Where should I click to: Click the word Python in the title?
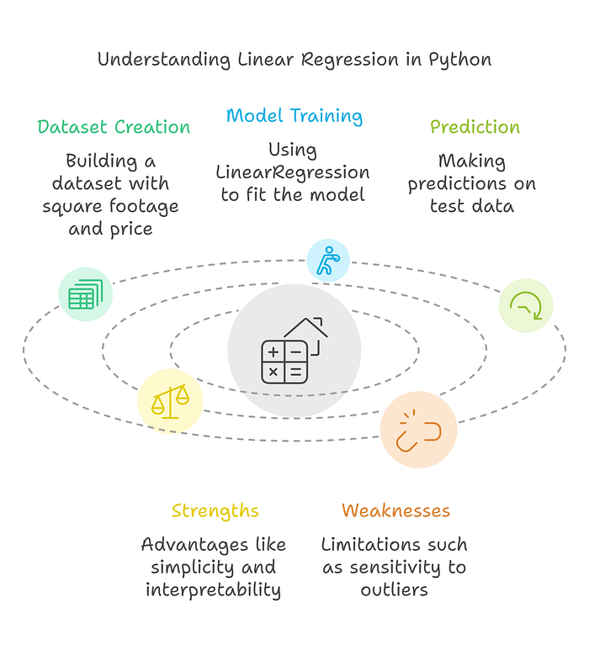tap(459, 60)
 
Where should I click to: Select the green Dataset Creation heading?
tap(114, 128)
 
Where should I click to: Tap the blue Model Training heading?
tap(294, 116)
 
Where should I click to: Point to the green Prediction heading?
tap(475, 128)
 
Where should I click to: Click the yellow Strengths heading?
tap(215, 510)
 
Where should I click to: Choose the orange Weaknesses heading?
tap(395, 510)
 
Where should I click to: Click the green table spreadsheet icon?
tap(85, 294)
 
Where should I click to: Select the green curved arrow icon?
tap(526, 306)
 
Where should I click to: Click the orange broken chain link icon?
tap(418, 430)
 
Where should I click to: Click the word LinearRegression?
tap(293, 172)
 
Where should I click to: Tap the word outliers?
tap(395, 589)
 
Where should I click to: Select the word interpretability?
tap(213, 589)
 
